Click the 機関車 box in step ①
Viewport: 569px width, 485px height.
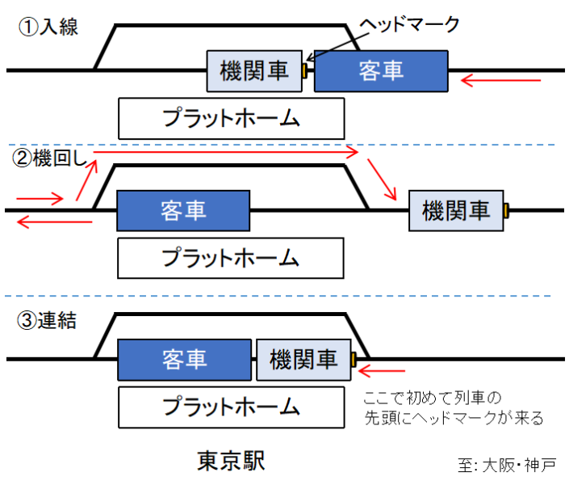tap(253, 71)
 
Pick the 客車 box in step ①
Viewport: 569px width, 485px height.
tap(380, 70)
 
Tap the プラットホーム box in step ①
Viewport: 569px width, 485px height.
tap(231, 118)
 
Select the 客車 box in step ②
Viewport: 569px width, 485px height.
tap(183, 211)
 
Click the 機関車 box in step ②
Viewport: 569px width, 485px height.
tap(456, 211)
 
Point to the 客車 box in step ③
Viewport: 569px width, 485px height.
tap(184, 360)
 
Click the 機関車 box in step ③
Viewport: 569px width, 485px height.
tap(303, 360)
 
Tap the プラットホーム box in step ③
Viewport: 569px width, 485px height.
tap(231, 407)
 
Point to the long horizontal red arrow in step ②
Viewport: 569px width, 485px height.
tap(226, 151)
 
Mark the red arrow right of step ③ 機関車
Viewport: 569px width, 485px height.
tap(383, 371)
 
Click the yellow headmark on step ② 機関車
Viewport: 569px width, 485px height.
tap(506, 211)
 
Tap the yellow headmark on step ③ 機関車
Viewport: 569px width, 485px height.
tap(354, 359)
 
